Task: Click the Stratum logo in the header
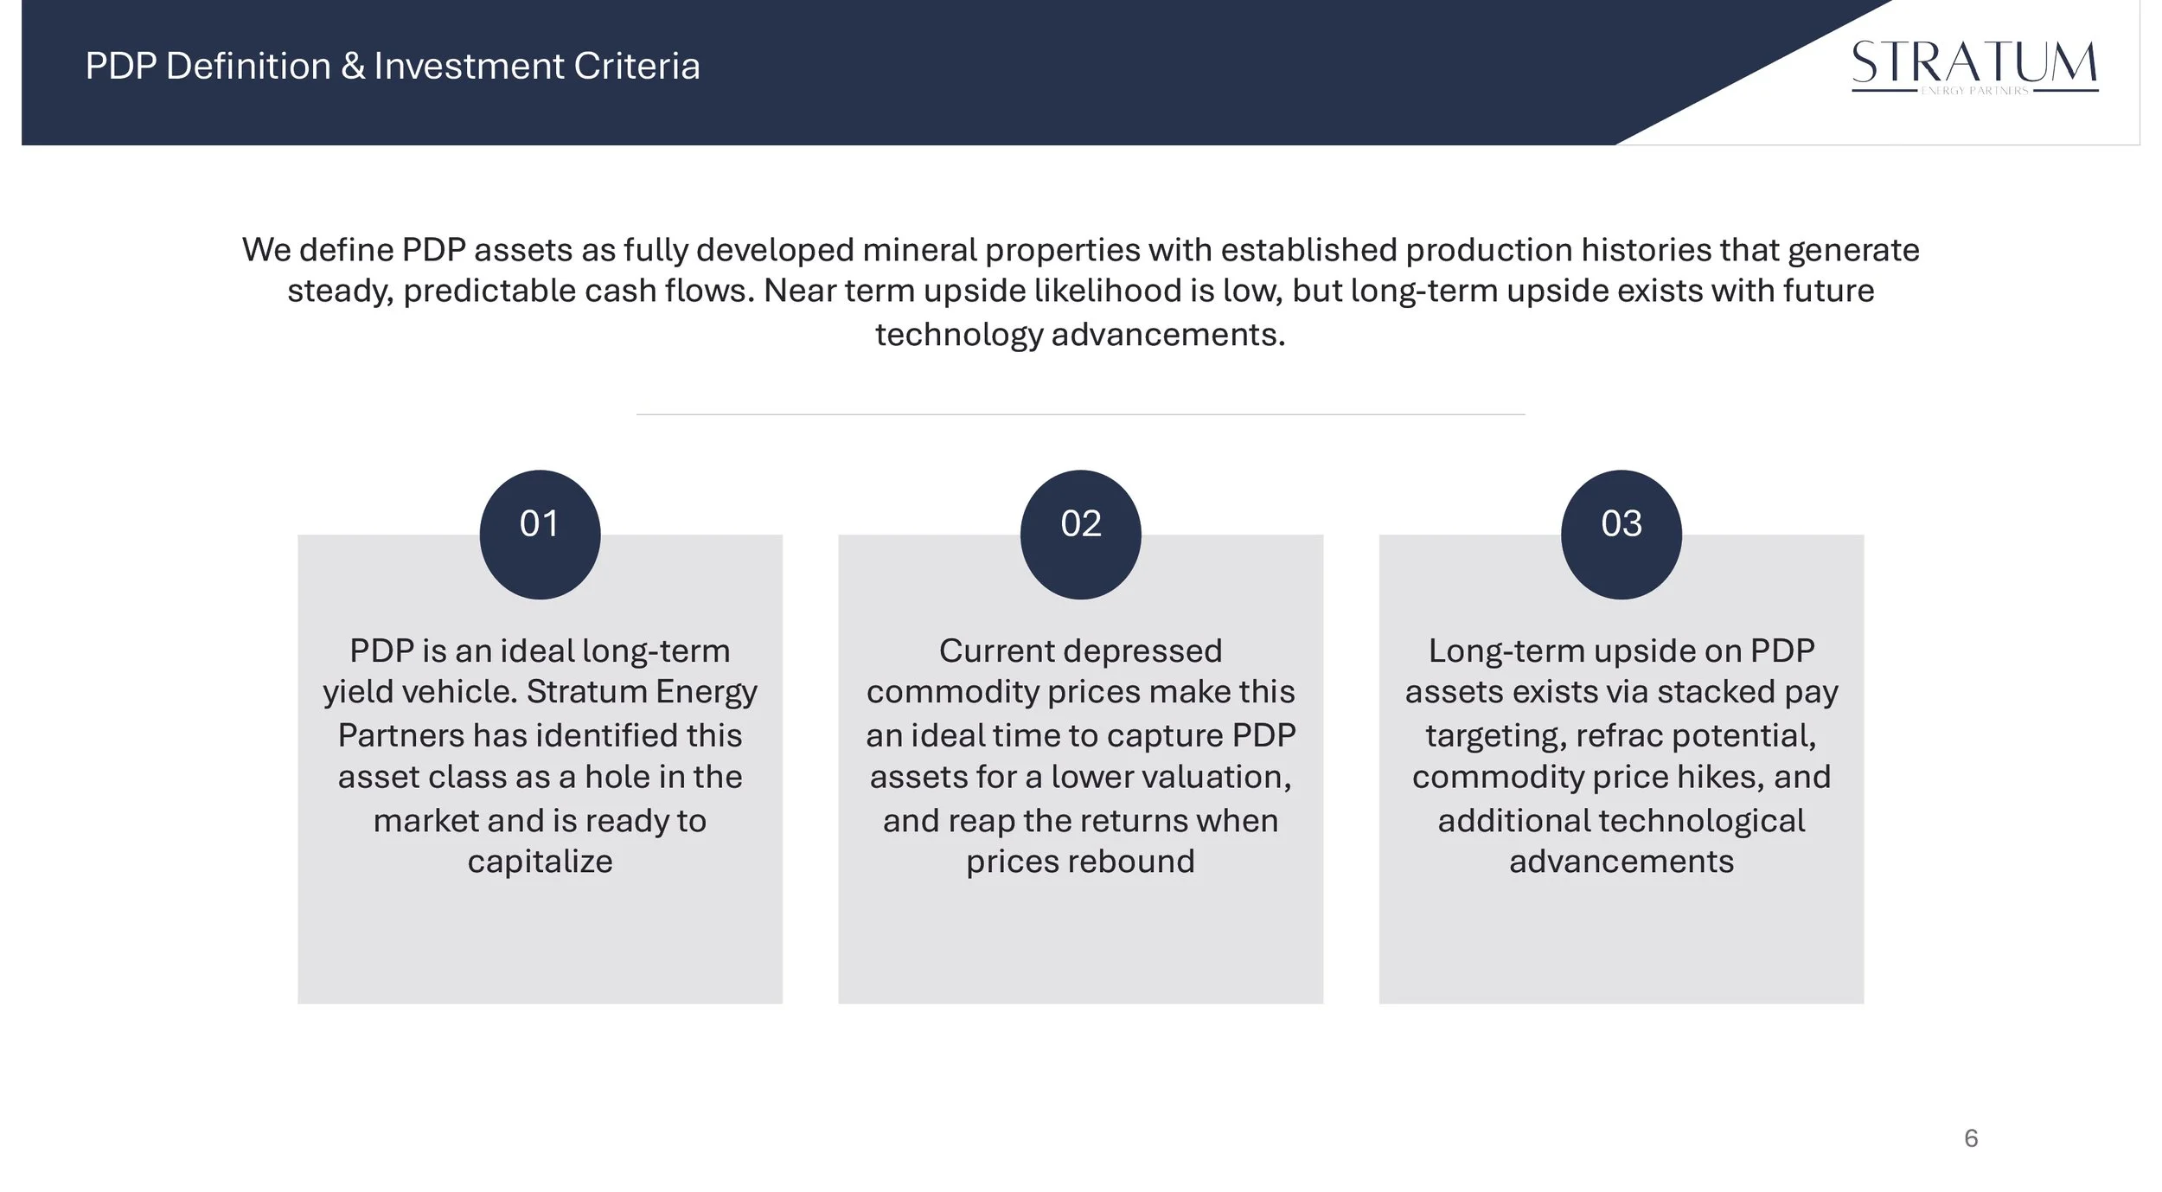pos(1974,66)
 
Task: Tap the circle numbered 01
pos(540,535)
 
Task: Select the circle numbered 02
pos(1080,535)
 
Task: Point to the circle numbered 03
pos(1621,535)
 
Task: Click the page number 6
pos(1971,1138)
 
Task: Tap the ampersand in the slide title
pos(353,67)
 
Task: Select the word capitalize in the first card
pos(540,862)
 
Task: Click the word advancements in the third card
pos(1621,862)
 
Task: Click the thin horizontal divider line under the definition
pos(1080,414)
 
